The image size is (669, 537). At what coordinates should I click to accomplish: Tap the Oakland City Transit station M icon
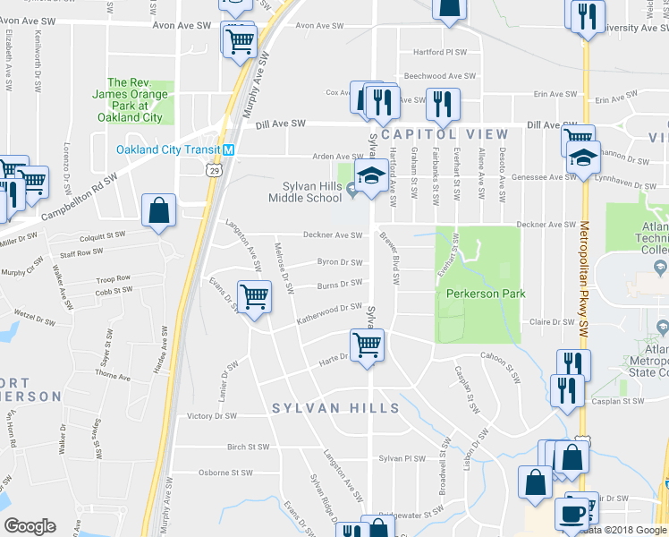[x=230, y=149]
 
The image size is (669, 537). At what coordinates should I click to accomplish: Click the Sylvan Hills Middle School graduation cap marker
[x=368, y=177]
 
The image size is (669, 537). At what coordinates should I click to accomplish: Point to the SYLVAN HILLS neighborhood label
[x=335, y=408]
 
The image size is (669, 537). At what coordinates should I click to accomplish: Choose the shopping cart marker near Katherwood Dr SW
[x=255, y=296]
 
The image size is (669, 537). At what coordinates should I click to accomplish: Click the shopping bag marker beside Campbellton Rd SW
[x=158, y=211]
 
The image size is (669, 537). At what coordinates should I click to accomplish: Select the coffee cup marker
[x=572, y=514]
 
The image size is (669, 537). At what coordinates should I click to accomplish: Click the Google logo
[x=30, y=526]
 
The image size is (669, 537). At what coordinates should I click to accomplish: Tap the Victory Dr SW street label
[x=212, y=416]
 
